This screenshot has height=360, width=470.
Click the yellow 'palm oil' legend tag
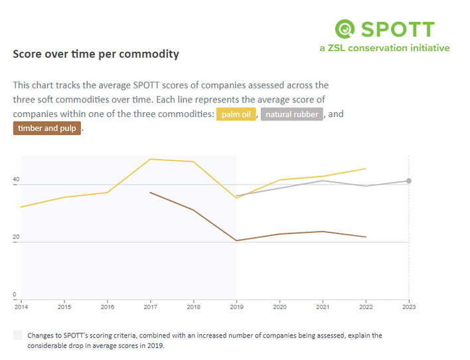pos(236,114)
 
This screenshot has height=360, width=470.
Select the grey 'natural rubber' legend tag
pos(292,114)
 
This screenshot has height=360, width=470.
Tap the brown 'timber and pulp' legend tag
pos(46,128)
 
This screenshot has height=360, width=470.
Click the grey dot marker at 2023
pos(409,181)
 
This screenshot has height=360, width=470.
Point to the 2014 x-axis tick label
pos(21,306)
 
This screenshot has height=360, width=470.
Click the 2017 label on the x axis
pos(150,306)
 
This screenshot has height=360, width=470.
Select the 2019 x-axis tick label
pos(236,306)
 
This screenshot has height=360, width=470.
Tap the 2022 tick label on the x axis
pos(366,306)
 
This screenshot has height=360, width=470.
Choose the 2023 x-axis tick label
pos(409,306)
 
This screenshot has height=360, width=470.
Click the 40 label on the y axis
pos(16,180)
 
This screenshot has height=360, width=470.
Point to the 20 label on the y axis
pos(16,237)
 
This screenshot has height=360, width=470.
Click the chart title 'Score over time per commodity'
pos(96,54)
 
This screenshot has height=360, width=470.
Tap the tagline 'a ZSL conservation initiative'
pos(384,48)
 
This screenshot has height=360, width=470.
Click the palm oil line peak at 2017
pos(150,159)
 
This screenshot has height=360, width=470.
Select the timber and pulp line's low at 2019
pos(236,240)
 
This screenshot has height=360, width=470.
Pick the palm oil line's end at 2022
pos(366,169)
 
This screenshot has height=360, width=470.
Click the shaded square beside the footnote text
pos(17,336)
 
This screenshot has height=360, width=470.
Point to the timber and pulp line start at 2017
pos(150,193)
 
